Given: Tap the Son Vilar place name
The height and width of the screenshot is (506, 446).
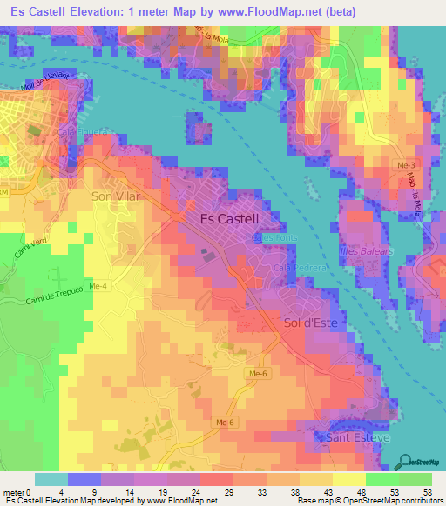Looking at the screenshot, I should (x=116, y=196).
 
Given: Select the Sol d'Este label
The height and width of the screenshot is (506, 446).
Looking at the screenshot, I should (x=310, y=323).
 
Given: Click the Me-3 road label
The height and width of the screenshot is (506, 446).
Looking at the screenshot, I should (x=407, y=164).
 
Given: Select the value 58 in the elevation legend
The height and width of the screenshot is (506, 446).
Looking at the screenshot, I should (x=426, y=491).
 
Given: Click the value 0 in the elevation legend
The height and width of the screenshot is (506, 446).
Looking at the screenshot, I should (x=32, y=491).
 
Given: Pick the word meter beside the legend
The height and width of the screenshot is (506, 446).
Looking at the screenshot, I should (x=15, y=491).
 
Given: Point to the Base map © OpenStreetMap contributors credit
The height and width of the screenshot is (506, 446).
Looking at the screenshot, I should (x=369, y=501).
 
